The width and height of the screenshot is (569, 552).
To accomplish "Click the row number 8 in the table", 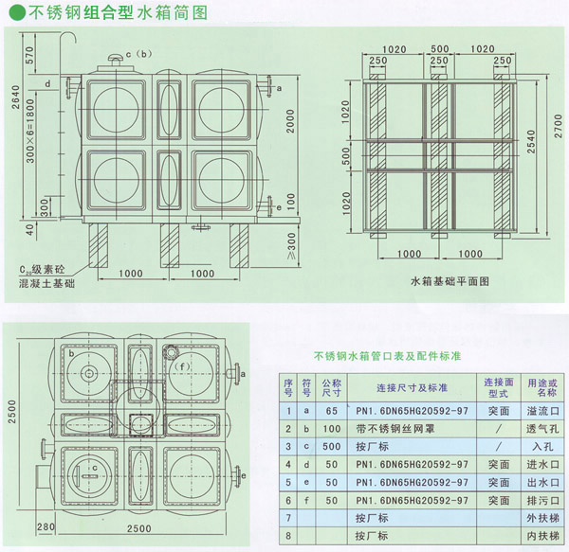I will point(289,536).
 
